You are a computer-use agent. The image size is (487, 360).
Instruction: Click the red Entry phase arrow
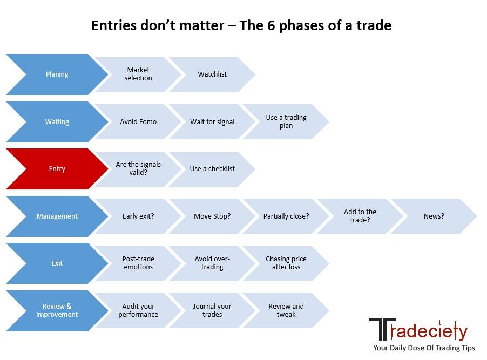point(57,168)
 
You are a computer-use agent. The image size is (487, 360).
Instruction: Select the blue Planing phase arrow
point(57,74)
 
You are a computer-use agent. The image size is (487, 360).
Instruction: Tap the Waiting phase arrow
point(57,122)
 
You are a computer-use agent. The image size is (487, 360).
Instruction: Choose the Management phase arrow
point(57,216)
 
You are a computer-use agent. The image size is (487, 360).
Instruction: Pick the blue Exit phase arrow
point(57,263)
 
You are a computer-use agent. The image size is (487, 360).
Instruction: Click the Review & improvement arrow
point(57,310)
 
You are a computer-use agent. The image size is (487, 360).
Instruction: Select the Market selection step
point(138,74)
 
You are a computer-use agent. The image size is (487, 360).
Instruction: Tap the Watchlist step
point(212,74)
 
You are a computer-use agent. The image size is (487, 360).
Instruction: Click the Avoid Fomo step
point(138,122)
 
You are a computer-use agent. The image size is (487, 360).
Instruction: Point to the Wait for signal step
point(212,122)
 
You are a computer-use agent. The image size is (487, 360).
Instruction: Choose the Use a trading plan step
point(286,122)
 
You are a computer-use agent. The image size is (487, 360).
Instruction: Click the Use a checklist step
point(212,169)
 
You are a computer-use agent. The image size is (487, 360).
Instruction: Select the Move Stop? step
point(212,216)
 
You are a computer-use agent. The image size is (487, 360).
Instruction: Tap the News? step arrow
point(434,216)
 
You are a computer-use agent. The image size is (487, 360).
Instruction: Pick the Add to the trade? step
point(360,216)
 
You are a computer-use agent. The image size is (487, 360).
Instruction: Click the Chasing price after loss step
point(286,263)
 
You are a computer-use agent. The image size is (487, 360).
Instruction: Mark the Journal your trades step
point(212,310)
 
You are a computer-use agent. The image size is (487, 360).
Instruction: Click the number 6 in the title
point(271,25)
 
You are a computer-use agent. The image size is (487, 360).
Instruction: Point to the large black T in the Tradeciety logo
point(383,329)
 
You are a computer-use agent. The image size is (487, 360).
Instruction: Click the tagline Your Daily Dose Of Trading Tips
point(424,348)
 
